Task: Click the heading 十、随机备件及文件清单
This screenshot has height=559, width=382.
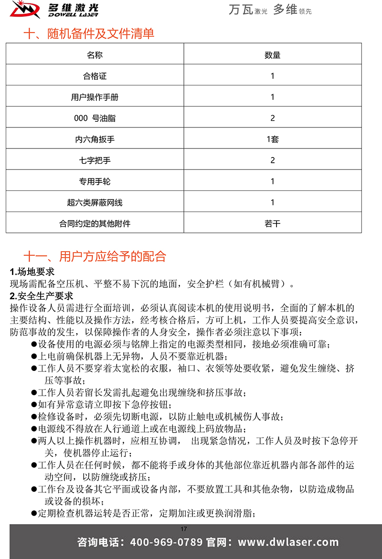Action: click(x=89, y=34)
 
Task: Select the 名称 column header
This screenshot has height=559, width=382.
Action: click(x=95, y=55)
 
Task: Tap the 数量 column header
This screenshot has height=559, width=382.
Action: click(x=272, y=55)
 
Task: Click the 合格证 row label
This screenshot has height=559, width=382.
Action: click(x=95, y=76)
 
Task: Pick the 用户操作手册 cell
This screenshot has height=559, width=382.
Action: click(x=95, y=97)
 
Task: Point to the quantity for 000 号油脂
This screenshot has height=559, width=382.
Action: click(x=272, y=118)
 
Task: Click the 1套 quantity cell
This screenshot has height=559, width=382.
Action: click(x=272, y=139)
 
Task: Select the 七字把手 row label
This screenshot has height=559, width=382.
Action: click(x=95, y=160)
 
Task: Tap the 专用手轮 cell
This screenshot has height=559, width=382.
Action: click(x=95, y=181)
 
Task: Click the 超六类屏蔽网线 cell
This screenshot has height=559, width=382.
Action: click(x=95, y=202)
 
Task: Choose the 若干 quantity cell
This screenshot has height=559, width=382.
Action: click(x=272, y=223)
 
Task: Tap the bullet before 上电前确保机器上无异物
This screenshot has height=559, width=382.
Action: click(x=34, y=356)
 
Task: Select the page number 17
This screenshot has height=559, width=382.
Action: click(x=184, y=528)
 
